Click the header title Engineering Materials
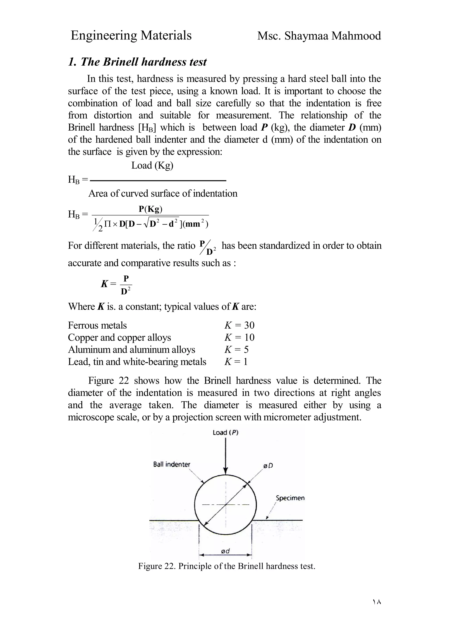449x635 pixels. coord(131,36)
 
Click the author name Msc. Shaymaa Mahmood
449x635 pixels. coord(319,36)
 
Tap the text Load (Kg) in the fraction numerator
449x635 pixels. coord(152,165)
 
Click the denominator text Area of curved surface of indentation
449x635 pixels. coord(163,193)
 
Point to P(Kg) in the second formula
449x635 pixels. coord(150,209)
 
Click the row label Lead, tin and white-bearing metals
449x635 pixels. coord(137,362)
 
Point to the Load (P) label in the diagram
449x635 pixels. coord(225,433)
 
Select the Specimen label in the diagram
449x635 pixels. coord(290,498)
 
